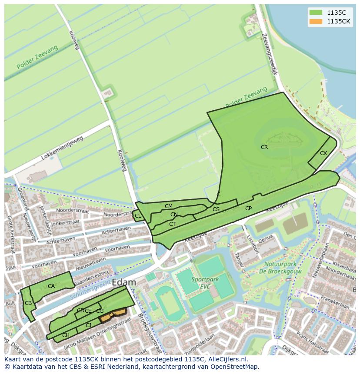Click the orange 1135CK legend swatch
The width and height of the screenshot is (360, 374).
click(x=316, y=21)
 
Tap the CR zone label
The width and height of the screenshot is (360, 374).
click(x=264, y=147)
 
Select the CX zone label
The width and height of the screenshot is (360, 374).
click(x=323, y=153)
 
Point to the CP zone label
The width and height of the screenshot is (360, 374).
click(x=248, y=209)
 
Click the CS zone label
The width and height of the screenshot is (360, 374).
click(x=216, y=209)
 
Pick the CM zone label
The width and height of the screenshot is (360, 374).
click(x=169, y=206)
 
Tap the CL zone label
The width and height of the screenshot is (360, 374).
click(x=138, y=216)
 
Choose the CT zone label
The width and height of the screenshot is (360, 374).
click(x=173, y=224)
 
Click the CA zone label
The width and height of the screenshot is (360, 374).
click(x=51, y=286)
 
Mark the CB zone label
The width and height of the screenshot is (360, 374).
click(x=28, y=303)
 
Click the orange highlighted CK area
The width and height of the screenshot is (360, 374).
click(x=113, y=315)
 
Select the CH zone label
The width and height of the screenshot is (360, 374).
click(x=66, y=335)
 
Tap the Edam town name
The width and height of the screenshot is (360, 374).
click(x=124, y=283)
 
